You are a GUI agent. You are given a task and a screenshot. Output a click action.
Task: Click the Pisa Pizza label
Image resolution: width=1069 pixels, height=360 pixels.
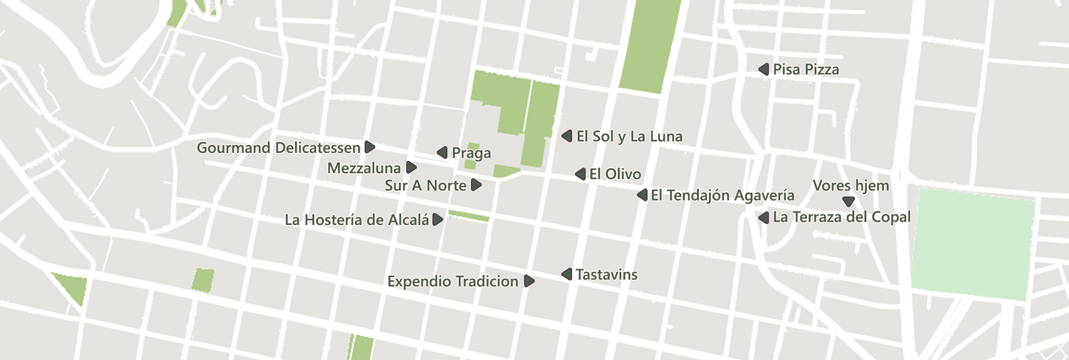coord(806,69)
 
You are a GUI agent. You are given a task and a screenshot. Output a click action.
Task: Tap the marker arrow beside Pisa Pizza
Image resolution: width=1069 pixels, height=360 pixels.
coord(764,69)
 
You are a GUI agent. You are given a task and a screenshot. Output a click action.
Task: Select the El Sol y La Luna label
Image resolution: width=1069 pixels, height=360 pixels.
coord(629,137)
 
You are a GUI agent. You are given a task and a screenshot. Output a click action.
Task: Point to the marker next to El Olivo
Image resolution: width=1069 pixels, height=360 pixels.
coord(580,174)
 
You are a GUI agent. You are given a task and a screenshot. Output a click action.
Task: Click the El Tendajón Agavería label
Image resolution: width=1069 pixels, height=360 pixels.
coord(722,196)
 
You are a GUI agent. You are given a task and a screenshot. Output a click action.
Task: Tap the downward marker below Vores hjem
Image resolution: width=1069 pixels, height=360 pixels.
coord(849,201)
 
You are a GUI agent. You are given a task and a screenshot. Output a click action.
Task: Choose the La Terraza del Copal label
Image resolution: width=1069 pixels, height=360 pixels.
coord(841,218)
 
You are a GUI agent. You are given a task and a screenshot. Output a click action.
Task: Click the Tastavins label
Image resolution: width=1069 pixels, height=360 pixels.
coord(606,275)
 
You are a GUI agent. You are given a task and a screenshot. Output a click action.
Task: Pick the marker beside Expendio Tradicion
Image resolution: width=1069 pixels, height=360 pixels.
coord(529,281)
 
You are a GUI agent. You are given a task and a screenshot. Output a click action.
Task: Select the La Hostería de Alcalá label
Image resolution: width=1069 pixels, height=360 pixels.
coord(357,220)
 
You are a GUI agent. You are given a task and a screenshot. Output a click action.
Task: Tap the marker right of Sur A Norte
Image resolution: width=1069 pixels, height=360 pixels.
coord(476,185)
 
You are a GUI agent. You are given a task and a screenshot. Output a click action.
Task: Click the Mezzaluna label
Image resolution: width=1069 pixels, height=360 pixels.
coord(364,168)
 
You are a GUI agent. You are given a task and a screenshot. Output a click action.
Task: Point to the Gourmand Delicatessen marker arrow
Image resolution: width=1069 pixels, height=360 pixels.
coord(369,148)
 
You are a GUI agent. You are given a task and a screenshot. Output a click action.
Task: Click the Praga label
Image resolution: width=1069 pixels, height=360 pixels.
coord(471,154)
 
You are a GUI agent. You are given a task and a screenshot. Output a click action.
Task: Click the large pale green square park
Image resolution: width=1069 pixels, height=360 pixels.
coord(973,244)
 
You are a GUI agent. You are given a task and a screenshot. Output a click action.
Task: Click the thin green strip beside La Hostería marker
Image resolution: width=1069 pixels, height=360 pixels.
coord(468,216)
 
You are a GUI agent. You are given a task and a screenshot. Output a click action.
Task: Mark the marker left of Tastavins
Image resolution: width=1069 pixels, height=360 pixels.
coord(567,275)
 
